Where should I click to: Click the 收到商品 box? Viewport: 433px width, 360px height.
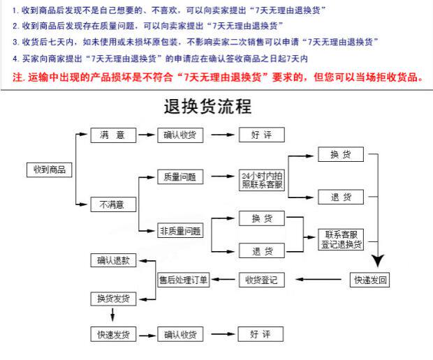(x=48, y=169)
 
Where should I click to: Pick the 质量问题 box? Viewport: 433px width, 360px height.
(x=180, y=177)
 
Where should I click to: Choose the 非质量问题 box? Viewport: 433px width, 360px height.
(x=180, y=231)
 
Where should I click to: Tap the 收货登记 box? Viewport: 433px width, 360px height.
(x=261, y=280)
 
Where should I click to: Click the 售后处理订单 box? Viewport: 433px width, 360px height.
(x=184, y=280)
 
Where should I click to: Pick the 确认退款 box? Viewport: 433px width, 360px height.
(x=113, y=260)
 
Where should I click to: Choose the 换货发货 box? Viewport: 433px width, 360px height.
(x=113, y=299)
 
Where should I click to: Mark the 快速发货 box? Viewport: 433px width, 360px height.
(x=113, y=335)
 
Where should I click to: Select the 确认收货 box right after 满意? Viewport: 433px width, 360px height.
(x=180, y=135)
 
